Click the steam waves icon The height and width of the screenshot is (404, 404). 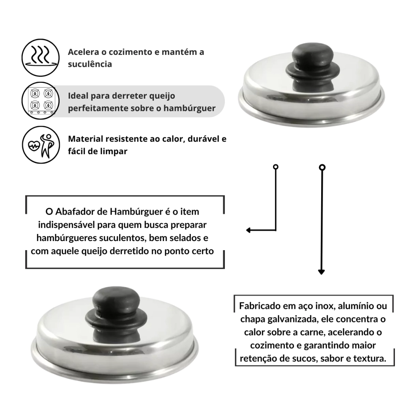41,58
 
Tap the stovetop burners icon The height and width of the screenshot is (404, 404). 41,101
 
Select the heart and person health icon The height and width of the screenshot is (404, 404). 41,144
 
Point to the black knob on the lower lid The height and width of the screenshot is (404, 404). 116,306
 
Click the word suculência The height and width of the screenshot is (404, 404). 90,64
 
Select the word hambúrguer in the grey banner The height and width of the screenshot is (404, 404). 189,108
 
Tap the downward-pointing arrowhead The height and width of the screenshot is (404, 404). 321,272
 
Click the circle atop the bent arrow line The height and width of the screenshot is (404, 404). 276,167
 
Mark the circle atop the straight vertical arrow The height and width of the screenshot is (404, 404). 322,167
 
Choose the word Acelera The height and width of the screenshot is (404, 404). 84,52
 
